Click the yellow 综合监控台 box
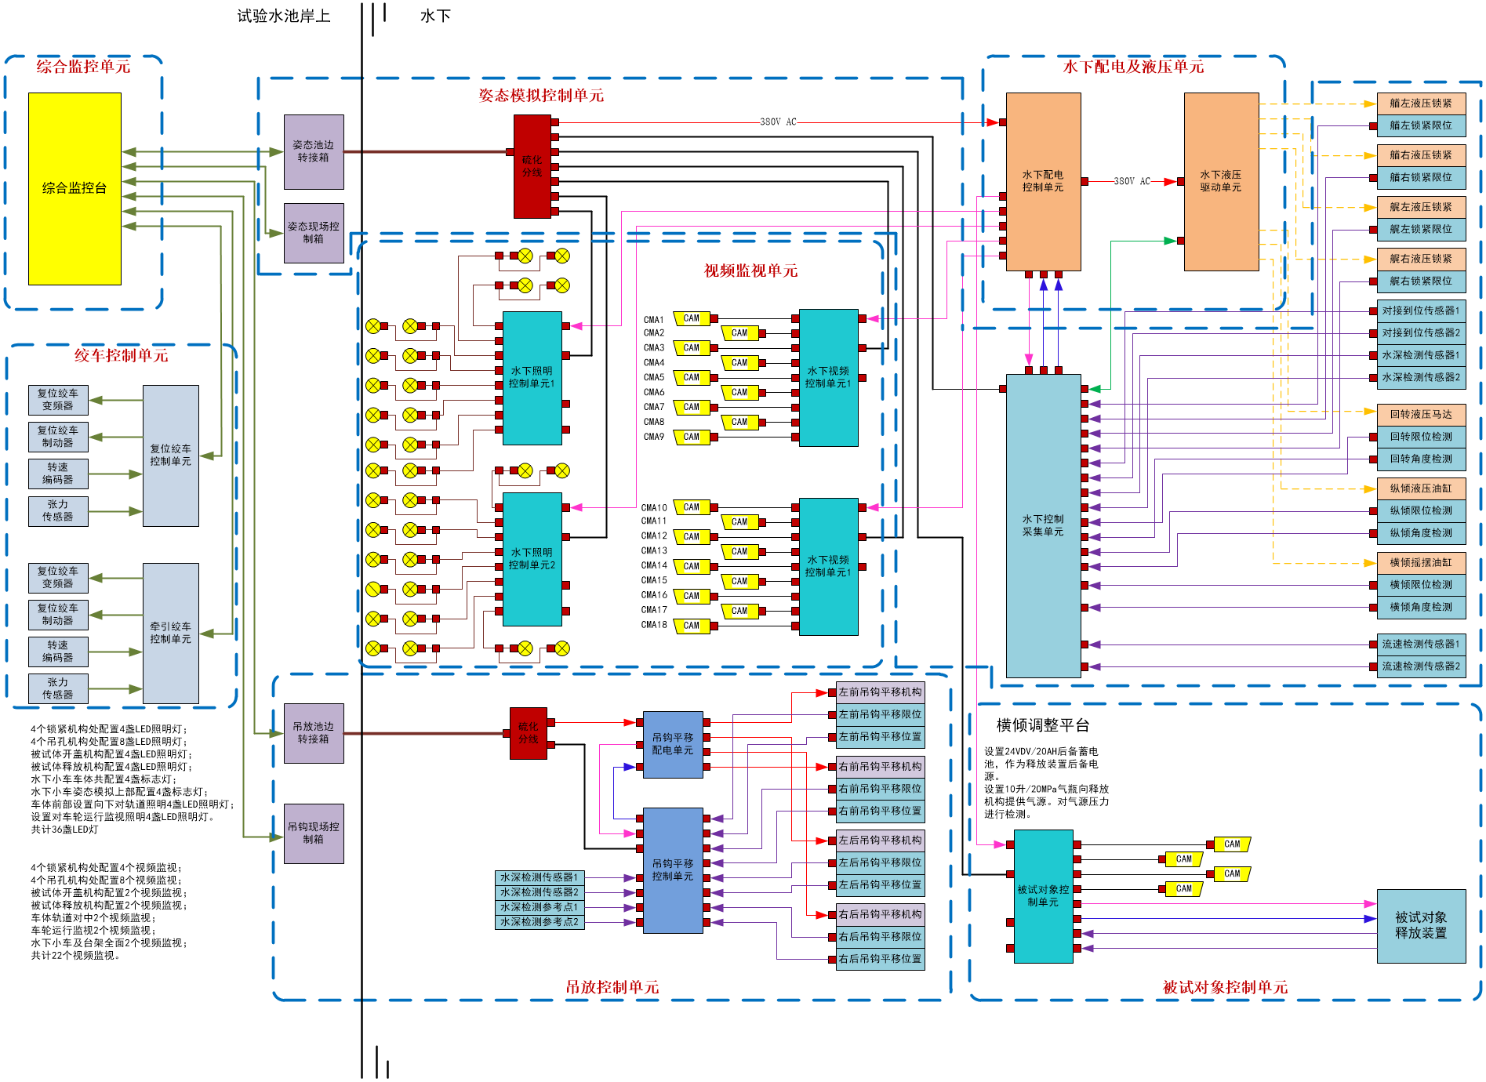point(74,188)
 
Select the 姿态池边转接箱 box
point(314,152)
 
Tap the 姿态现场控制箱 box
point(314,233)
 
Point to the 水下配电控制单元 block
point(1043,182)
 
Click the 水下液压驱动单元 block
point(1221,182)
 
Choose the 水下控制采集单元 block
point(1043,525)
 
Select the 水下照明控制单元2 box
point(532,559)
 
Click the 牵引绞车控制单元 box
point(170,633)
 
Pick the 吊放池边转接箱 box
point(314,733)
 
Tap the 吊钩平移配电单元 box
point(673,744)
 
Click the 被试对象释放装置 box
point(1421,926)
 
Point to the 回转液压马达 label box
point(1421,415)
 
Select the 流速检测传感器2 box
point(1421,666)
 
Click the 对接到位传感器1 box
point(1421,311)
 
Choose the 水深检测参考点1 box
point(540,907)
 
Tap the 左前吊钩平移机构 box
point(880,692)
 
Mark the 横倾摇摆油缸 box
point(1421,563)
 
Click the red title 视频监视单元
point(750,271)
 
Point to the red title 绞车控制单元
point(122,356)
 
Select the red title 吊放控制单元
point(612,987)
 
